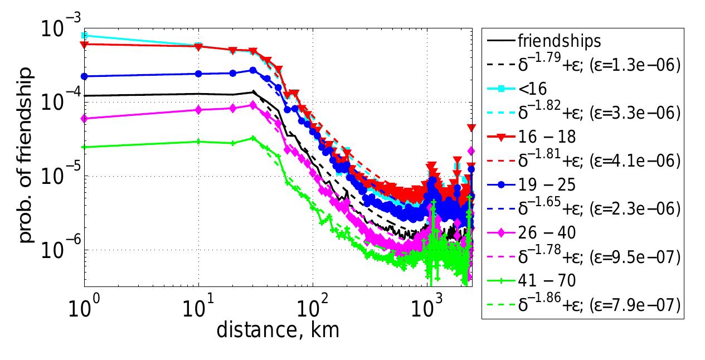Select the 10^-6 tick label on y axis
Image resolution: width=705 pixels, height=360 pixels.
pyautogui.click(x=58, y=251)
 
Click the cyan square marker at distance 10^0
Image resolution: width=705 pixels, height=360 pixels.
pyautogui.click(x=85, y=35)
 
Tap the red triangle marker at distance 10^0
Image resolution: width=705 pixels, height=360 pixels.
pyautogui.click(x=85, y=45)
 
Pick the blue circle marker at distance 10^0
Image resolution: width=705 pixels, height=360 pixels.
pyautogui.click(x=85, y=76)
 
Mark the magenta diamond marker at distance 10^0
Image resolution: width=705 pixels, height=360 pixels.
pyautogui.click(x=85, y=118)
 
